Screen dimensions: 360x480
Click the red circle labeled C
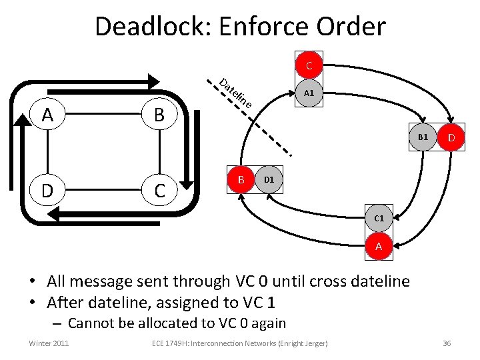point(309,66)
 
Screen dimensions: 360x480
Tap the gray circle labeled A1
point(309,93)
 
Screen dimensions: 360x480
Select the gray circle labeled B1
point(423,137)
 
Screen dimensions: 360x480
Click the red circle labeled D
point(451,138)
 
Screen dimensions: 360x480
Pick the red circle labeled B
point(241,179)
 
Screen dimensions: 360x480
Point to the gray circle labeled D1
point(269,179)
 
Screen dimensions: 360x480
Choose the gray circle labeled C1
point(379,219)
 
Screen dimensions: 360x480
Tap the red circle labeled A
point(379,247)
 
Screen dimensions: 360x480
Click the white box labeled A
point(47,115)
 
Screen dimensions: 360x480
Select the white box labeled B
point(159,115)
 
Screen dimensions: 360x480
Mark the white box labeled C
point(159,191)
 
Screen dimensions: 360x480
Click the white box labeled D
point(47,191)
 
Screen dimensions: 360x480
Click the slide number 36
point(447,343)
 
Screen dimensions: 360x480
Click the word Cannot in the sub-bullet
point(95,324)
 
